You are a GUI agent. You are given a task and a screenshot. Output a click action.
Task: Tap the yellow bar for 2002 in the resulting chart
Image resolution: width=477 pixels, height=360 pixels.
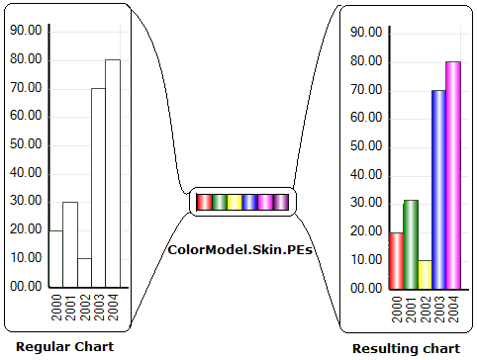point(425,274)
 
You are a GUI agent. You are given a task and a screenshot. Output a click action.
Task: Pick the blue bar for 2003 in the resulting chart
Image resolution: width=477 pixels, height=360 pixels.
point(438,189)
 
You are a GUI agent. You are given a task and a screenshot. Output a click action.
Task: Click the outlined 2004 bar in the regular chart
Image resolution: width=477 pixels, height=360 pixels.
point(113,173)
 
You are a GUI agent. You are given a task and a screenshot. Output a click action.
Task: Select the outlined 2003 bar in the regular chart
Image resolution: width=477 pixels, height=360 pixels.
point(99,187)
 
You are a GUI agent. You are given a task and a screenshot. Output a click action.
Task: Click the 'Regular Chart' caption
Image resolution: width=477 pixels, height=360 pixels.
point(65,346)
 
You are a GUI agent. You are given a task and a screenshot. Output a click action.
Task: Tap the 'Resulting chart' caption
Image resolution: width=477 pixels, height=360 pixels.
point(406,348)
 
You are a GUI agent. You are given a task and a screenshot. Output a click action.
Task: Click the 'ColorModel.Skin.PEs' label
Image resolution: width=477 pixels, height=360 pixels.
point(240,250)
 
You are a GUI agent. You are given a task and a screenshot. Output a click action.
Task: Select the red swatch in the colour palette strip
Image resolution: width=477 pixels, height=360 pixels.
point(204,202)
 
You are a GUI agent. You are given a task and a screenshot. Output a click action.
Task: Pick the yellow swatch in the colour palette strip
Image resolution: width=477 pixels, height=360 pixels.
point(235,202)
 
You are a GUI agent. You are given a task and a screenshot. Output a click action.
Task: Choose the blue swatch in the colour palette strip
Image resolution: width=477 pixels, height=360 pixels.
point(250,202)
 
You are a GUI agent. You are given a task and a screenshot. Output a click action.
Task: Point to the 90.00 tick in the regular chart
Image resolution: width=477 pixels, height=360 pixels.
point(26,31)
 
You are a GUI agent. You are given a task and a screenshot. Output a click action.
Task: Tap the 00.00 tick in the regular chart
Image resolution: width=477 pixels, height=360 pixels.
point(26,287)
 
